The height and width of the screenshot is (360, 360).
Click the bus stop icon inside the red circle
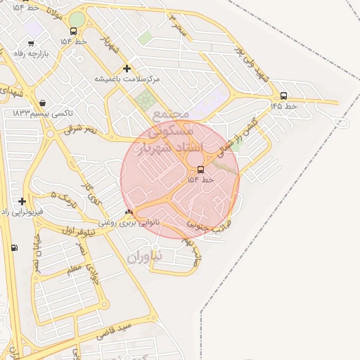coord(201,169)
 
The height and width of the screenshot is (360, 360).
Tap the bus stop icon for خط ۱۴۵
coord(283,96)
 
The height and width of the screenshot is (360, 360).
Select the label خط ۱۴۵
coord(284,106)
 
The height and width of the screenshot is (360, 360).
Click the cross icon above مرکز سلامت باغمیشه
coord(127,68)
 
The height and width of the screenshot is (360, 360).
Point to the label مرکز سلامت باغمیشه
coord(127,79)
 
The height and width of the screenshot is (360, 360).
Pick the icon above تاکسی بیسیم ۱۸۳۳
coord(43,103)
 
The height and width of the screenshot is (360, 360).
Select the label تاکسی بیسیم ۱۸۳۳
coord(43,112)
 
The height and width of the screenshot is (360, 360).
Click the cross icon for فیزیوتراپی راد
coord(22,201)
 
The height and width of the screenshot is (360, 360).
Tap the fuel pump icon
coord(14,247)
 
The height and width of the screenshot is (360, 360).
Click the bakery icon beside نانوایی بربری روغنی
coord(128,212)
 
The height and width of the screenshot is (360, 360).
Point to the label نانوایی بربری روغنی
coord(128,222)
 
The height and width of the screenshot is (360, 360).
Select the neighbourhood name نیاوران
coord(145,257)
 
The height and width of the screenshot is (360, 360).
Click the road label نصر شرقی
coord(81,129)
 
